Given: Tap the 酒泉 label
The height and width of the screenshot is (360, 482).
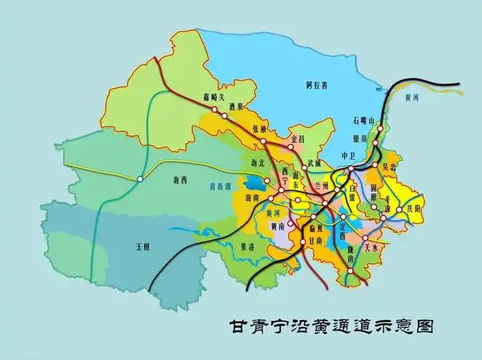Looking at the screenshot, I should [x=233, y=106].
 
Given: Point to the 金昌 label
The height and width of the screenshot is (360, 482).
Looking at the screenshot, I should [x=299, y=137].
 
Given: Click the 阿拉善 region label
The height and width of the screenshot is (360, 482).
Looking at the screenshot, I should [x=315, y=85].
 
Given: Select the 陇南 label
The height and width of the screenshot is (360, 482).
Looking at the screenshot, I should [x=350, y=257].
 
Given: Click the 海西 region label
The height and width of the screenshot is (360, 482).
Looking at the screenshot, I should [x=180, y=179].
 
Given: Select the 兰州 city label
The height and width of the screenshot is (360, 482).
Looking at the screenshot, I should [x=321, y=186].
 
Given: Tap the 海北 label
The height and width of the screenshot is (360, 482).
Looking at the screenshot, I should [x=257, y=163].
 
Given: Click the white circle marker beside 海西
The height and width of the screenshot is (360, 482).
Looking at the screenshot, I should [x=140, y=179].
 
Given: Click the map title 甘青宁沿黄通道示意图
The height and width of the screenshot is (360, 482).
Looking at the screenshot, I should [x=332, y=326].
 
